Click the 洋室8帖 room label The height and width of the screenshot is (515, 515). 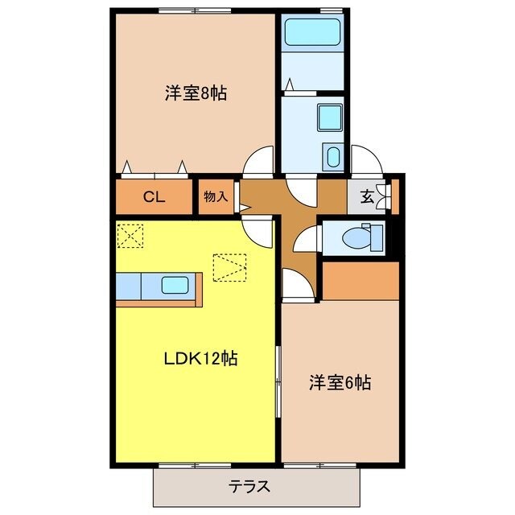[196, 93]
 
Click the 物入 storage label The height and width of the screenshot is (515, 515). [216, 196]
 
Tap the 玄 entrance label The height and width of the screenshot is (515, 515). [366, 196]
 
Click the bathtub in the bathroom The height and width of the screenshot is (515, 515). [313, 35]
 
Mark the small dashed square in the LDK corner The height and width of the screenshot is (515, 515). [129, 236]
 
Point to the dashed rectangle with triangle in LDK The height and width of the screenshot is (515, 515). [228, 267]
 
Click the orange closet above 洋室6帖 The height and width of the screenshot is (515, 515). [360, 279]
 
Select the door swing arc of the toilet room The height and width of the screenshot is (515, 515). [304, 239]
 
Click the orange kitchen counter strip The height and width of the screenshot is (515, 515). [159, 303]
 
